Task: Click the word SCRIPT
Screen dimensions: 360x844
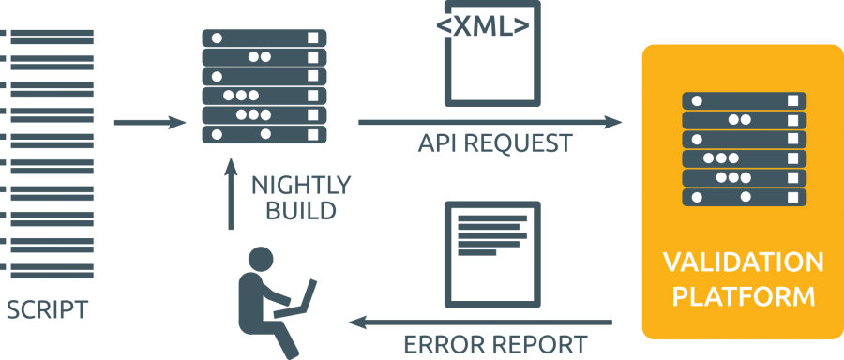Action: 48,309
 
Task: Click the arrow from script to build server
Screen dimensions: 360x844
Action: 150,122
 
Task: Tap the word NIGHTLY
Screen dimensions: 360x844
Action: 301,184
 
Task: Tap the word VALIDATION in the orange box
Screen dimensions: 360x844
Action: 743,262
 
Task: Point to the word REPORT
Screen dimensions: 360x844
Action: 537,343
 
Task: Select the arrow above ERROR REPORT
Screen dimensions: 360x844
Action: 479,323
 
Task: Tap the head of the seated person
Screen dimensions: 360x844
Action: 260,260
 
